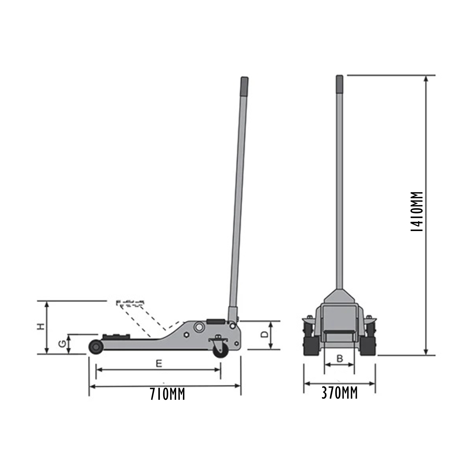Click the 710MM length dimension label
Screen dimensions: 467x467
(167, 394)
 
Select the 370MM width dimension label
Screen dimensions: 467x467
(340, 393)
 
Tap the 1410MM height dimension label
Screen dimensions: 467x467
(416, 212)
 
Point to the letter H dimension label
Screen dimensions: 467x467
(41, 327)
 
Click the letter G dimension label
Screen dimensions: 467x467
(62, 343)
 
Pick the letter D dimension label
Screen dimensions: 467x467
(264, 334)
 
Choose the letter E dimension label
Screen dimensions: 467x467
(159, 364)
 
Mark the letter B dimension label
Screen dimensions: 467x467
(340, 358)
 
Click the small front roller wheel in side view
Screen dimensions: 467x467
(96, 347)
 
